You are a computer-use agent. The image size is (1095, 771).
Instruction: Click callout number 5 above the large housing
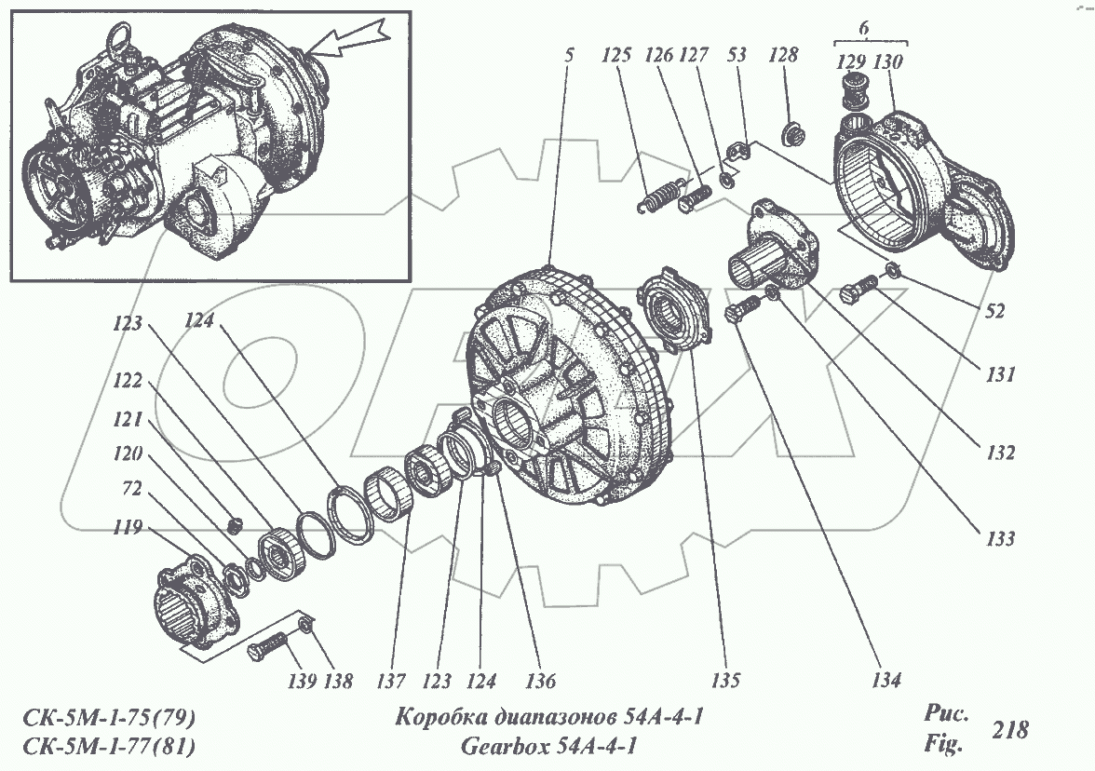[x=567, y=56]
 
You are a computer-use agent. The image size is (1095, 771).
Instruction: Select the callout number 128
[x=783, y=56]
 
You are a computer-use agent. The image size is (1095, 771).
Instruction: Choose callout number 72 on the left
[x=132, y=489]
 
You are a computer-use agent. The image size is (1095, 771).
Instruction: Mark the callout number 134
[x=885, y=681]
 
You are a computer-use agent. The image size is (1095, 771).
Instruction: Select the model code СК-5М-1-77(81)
[x=108, y=746]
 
